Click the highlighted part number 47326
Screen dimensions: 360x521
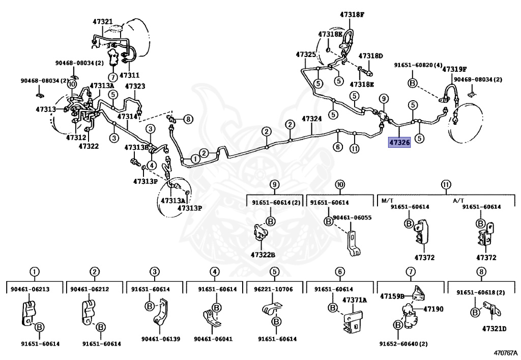[x=399, y=143]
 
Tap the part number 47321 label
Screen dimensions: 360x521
[x=103, y=22]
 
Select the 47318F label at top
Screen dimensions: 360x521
[x=353, y=15]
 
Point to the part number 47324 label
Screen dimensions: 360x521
[x=312, y=119]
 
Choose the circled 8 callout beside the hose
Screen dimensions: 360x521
[x=188, y=119]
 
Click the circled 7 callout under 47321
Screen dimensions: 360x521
[x=112, y=77]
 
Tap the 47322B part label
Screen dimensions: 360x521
[x=263, y=255]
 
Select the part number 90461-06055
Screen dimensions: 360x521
[x=352, y=217]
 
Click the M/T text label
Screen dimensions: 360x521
[x=388, y=200]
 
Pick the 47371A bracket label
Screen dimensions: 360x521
[x=354, y=300]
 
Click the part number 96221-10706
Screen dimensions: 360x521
[x=273, y=289]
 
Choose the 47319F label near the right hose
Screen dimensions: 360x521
[x=454, y=69]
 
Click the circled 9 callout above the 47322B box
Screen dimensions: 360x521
[x=275, y=184]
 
